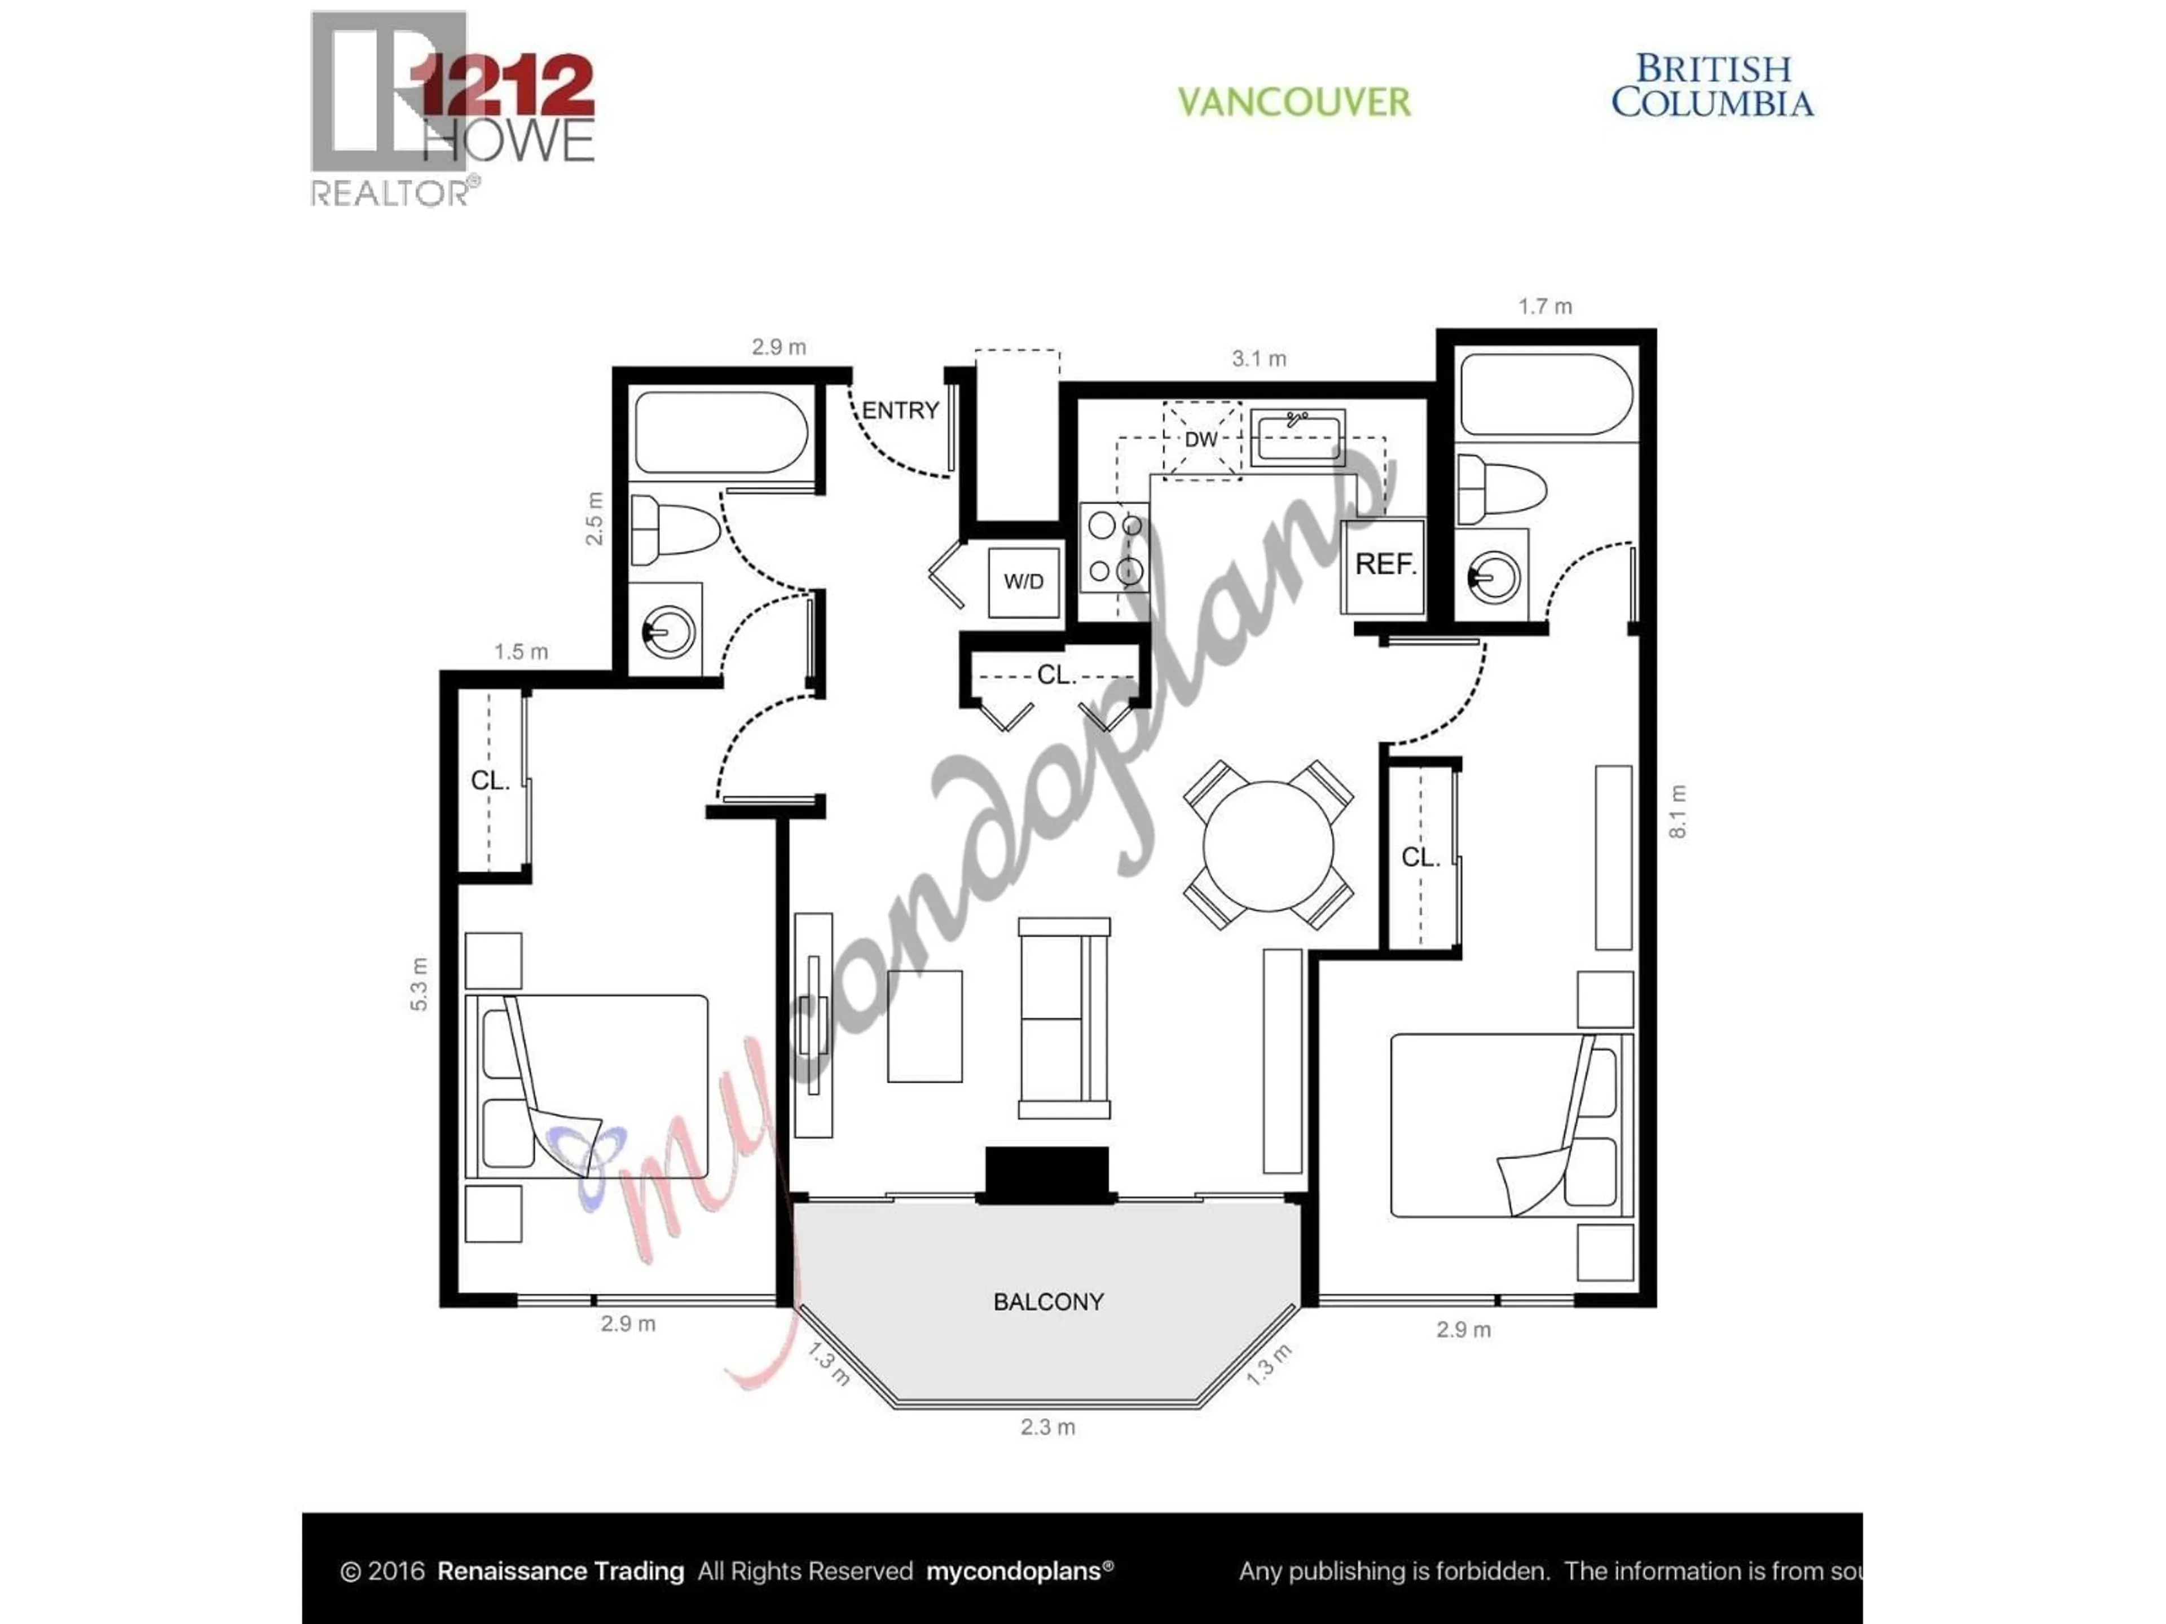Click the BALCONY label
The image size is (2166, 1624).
[1048, 1302]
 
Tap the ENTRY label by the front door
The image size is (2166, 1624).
[900, 410]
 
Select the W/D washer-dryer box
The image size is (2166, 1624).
[1023, 581]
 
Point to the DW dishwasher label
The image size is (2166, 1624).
[1200, 439]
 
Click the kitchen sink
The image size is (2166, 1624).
[1296, 436]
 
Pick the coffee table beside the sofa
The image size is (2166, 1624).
[924, 1026]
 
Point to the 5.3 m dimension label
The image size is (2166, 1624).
[419, 984]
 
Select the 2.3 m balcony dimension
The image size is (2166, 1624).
[1048, 1427]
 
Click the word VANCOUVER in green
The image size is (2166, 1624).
[1293, 102]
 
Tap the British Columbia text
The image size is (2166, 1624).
[1712, 86]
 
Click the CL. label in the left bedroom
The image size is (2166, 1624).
[490, 780]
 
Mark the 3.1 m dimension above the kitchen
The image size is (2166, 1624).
[1258, 359]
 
